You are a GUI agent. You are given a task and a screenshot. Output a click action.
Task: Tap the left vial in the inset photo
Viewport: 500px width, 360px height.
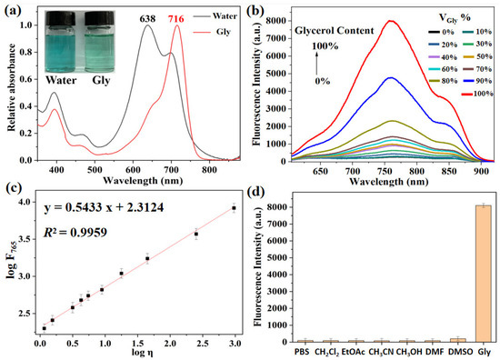click(72, 36)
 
